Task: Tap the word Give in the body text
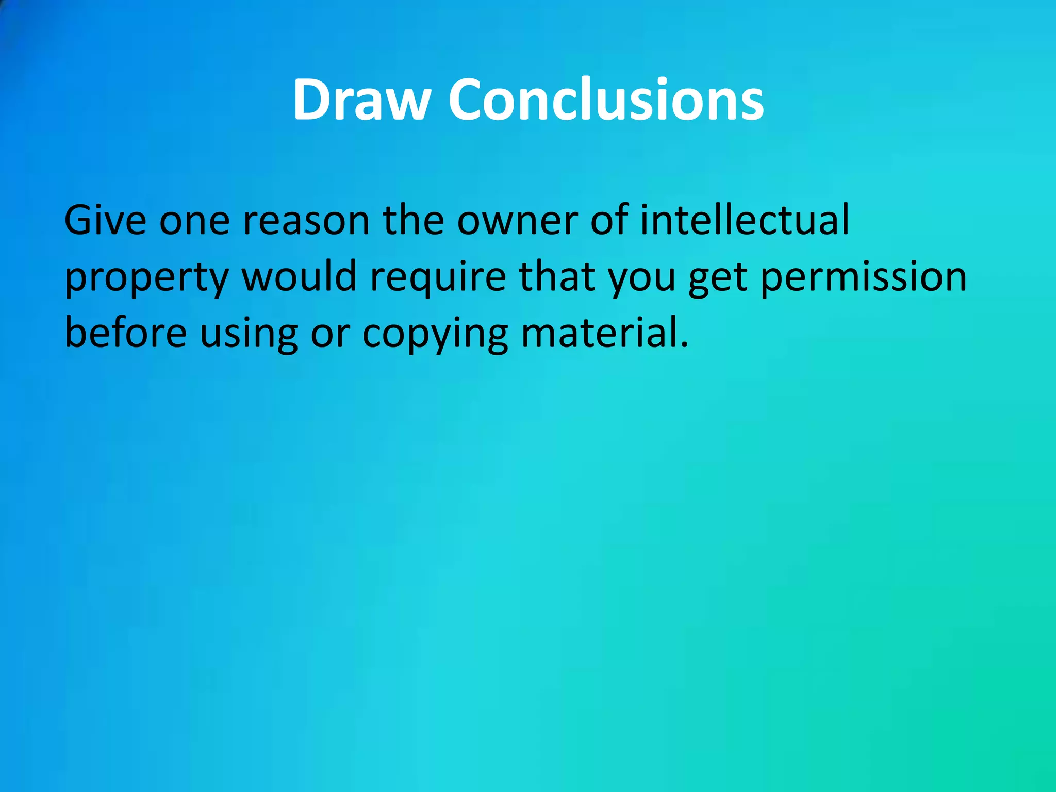click(105, 220)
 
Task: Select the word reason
click(306, 220)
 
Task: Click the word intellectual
click(745, 220)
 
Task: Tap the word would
click(299, 276)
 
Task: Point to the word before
click(126, 333)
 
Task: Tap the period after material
click(684, 344)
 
